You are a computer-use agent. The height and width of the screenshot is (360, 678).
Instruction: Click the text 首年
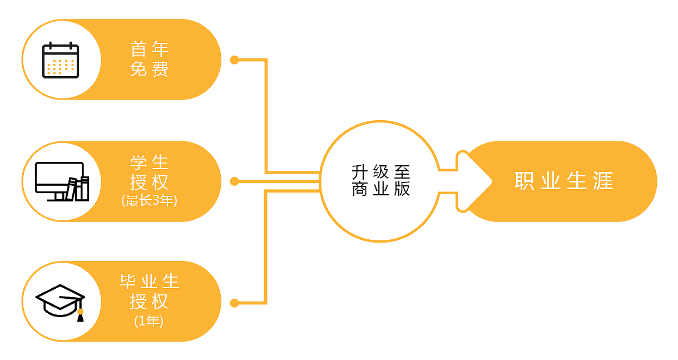pos(149,49)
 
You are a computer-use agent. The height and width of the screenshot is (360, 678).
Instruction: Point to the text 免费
pos(149,69)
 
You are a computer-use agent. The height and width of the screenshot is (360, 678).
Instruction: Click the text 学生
pos(149,162)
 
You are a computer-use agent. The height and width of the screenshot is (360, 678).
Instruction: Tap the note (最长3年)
pos(149,201)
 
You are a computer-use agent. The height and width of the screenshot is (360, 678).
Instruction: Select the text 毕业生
pos(149,282)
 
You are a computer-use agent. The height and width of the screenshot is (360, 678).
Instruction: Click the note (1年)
pos(149,321)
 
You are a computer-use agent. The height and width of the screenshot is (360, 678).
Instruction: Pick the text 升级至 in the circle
pos(380,170)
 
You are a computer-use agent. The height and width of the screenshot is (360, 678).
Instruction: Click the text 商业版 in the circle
pos(380,189)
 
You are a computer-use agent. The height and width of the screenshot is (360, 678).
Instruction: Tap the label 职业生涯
pos(563,181)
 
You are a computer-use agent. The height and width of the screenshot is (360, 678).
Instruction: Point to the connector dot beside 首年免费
pos(235,60)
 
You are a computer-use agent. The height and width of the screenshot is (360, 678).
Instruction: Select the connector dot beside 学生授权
pos(235,181)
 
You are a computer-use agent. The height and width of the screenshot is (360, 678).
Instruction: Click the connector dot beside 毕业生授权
pos(235,303)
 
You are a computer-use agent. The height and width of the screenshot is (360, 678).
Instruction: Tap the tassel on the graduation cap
pos(81,315)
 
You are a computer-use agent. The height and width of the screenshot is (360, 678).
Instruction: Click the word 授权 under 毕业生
pos(149,302)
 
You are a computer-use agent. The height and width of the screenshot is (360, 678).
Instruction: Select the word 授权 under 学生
pos(149,183)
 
